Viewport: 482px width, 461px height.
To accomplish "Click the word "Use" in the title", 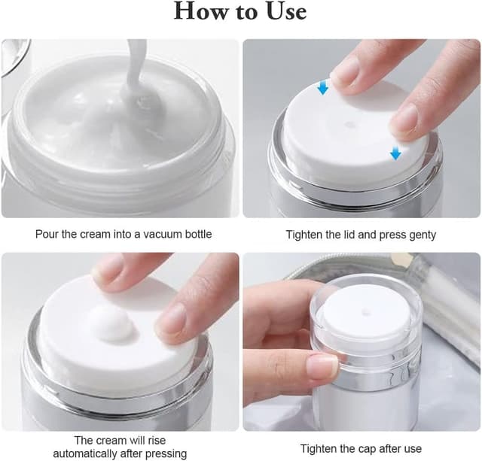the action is pos(286,11).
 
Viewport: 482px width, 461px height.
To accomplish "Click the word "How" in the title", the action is pos(203,11).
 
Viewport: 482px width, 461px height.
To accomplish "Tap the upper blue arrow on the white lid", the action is pos(323,86).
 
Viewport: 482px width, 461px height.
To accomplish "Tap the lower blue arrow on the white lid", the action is pos(395,153).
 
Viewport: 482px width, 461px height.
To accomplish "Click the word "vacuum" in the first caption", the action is pos(162,234).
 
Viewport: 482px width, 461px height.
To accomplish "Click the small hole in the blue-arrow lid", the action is pos(349,125).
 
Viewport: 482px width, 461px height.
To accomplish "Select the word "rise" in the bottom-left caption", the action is pos(156,441).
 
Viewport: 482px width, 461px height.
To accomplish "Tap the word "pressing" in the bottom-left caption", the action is pos(166,453).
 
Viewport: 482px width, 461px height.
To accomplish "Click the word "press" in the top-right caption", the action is pos(393,235).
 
